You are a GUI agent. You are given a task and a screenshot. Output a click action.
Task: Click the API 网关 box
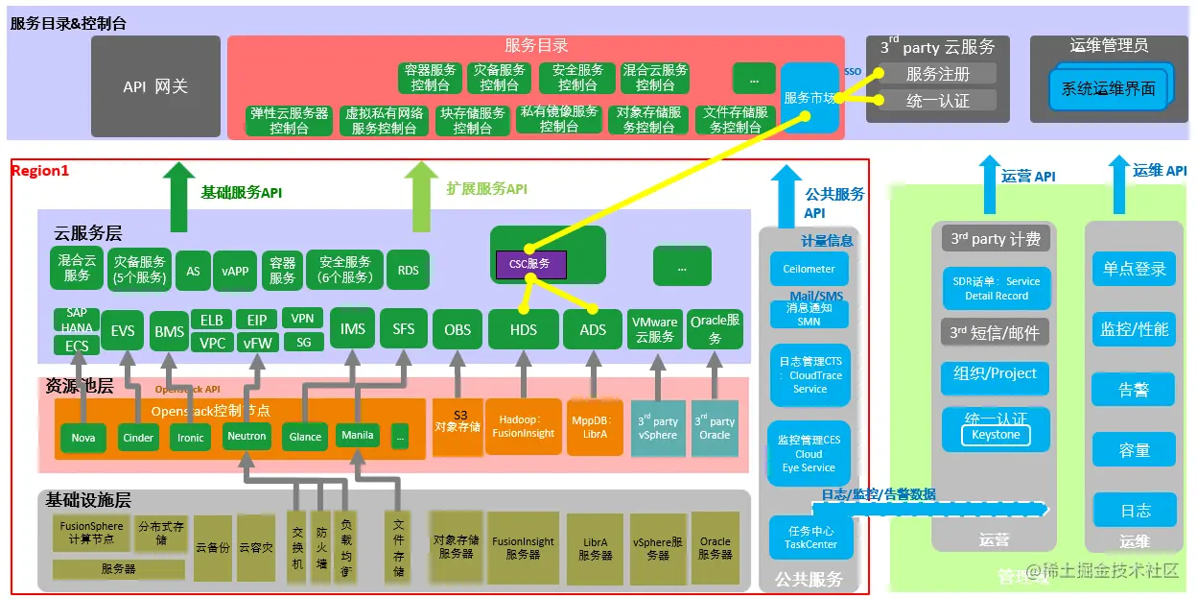(155, 86)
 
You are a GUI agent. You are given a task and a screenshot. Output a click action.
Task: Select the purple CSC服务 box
(530, 264)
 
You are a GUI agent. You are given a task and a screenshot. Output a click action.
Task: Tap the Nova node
(82, 437)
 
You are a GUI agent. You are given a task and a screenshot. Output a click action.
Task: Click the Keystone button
(996, 435)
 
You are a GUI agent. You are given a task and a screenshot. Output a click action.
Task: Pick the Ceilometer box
(809, 269)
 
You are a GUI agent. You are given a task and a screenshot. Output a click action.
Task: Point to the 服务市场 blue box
(810, 98)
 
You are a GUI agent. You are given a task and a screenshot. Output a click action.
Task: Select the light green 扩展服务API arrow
(420, 197)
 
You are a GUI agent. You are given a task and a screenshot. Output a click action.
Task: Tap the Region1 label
(40, 171)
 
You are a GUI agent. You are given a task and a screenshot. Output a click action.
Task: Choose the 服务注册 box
(937, 74)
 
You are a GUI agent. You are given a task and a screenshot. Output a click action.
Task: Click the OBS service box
(458, 329)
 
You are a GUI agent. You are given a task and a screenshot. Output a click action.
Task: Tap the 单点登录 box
(1134, 269)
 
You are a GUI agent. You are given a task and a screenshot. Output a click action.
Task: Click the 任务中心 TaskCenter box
(810, 538)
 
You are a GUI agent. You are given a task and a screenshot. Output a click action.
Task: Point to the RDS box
(408, 270)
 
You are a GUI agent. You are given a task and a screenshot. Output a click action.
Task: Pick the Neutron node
(246, 436)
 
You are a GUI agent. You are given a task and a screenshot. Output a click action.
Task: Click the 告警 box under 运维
(1134, 391)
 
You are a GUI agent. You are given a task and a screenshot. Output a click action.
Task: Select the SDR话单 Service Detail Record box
(996, 289)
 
